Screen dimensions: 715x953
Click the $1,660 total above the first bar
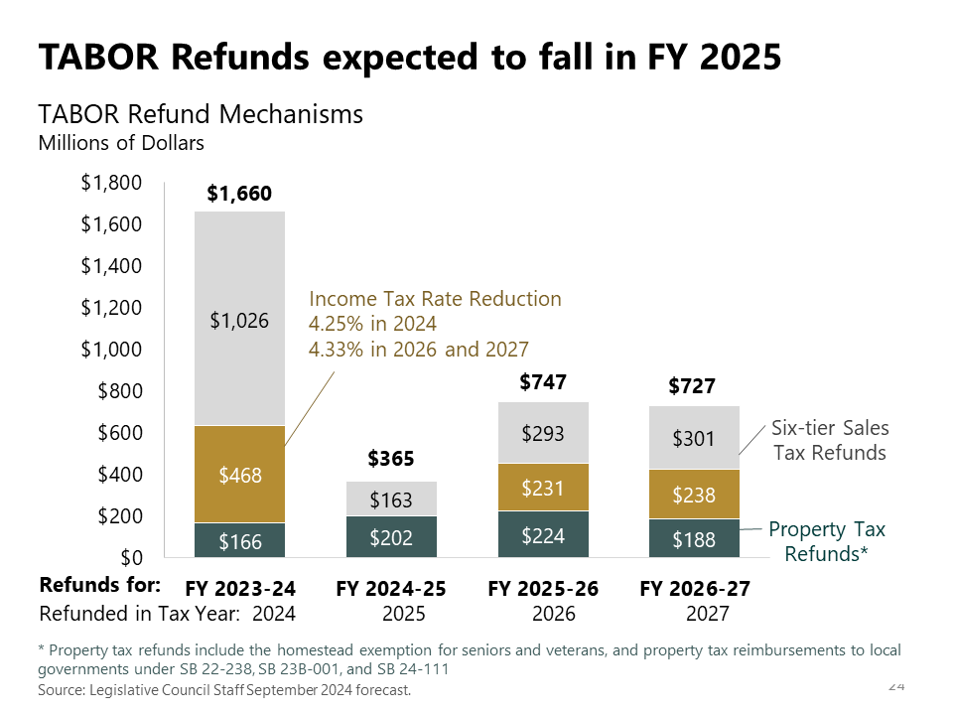(239, 194)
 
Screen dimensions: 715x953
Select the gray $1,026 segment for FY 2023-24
(239, 320)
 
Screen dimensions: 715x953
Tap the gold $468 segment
(239, 475)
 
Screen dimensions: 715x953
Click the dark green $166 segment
(239, 541)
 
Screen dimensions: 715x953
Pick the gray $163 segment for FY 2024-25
(391, 500)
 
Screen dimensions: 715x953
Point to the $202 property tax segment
(391, 537)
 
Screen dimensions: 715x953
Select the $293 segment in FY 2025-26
(543, 433)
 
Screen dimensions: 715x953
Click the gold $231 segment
(543, 488)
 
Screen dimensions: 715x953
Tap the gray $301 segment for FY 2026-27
(694, 438)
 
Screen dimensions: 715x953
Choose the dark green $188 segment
(694, 539)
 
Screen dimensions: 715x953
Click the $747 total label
(543, 382)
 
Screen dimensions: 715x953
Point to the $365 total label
(391, 459)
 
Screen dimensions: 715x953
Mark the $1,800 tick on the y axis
(110, 183)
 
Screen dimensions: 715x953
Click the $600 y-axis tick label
(119, 433)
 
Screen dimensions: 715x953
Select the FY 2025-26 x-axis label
(543, 589)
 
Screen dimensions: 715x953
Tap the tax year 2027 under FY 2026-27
(707, 614)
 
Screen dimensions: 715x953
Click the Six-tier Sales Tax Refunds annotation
(830, 440)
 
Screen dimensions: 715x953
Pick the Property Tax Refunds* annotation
(827, 541)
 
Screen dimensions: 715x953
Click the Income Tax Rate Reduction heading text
(435, 299)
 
